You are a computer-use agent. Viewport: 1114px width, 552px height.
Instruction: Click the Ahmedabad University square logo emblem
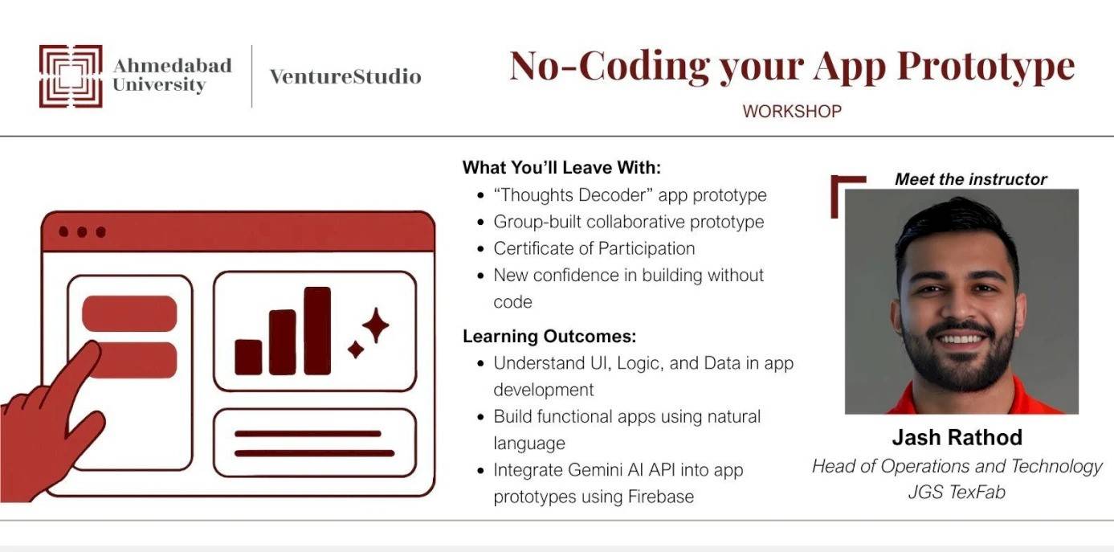tap(71, 76)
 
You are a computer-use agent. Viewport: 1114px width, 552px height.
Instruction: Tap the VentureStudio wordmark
tap(345, 76)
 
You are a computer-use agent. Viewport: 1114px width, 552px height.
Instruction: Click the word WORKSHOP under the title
tap(792, 111)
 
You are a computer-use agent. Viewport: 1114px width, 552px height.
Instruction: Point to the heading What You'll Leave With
tap(561, 168)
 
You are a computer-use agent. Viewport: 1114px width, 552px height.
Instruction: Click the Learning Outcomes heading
tap(549, 336)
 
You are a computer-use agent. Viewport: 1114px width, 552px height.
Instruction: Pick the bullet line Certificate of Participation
tap(594, 248)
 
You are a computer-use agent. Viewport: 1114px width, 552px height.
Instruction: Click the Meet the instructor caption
tap(971, 179)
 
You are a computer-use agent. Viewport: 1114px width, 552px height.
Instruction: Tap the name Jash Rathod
tap(957, 438)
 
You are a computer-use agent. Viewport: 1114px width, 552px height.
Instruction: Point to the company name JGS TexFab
tap(957, 492)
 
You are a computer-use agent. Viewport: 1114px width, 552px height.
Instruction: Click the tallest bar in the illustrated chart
tap(317, 331)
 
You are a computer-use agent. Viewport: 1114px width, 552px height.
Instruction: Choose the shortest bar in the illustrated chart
tap(248, 357)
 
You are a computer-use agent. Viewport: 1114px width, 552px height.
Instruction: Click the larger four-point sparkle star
tap(376, 325)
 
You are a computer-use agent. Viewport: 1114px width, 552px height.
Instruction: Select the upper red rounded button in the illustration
tap(129, 314)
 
